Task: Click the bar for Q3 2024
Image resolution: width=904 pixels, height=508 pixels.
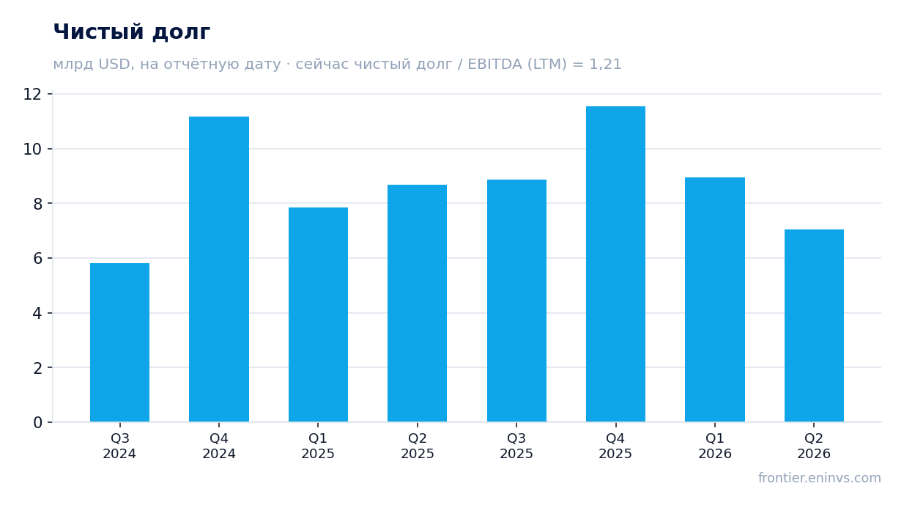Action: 119,342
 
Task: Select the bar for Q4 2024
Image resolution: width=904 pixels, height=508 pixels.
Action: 219,269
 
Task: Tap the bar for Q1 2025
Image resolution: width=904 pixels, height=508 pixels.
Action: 318,314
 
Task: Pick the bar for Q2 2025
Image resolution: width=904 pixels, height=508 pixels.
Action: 417,303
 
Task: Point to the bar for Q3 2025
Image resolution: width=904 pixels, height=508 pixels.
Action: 516,301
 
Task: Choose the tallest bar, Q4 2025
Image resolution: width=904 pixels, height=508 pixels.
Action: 615,264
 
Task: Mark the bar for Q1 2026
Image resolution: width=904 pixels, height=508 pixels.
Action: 715,300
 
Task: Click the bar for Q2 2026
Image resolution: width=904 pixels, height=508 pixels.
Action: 814,326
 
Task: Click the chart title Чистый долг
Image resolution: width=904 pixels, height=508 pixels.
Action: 132,32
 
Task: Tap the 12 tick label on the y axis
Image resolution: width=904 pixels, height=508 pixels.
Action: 32,95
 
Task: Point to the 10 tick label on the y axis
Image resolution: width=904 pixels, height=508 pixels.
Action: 32,150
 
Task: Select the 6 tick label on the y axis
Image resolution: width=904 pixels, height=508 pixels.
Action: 37,259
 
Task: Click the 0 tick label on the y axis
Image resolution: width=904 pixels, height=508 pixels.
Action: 37,423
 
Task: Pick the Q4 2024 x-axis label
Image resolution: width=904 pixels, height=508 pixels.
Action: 219,446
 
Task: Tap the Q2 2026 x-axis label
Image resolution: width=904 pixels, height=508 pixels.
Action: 814,446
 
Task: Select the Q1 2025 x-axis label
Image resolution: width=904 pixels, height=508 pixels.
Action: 318,446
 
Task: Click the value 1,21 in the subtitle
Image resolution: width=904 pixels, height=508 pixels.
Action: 605,65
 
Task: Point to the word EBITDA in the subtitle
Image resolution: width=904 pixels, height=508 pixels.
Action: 494,65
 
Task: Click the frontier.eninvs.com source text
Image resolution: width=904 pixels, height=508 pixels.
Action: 819,478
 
